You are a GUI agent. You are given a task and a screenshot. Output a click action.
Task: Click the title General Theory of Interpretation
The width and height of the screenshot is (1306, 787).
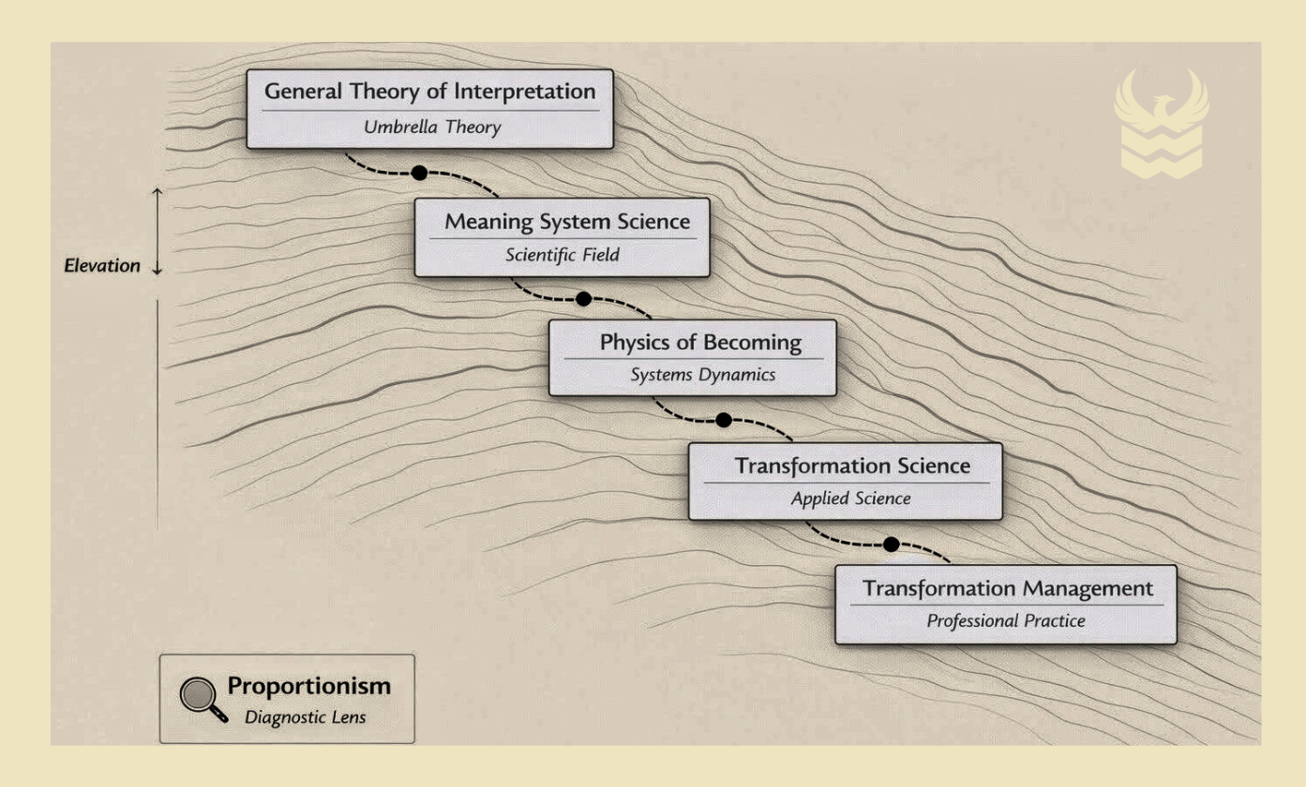[430, 92]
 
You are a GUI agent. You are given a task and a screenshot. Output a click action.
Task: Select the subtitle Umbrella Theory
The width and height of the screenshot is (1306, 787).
[430, 128]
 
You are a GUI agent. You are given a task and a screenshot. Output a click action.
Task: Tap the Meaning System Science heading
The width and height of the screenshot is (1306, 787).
[567, 222]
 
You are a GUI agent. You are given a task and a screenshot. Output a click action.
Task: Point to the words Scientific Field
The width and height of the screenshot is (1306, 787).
[563, 255]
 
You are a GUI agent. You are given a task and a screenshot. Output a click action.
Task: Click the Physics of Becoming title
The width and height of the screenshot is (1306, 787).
[700, 342]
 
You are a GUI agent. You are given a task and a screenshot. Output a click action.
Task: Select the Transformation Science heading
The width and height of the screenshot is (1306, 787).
[852, 466]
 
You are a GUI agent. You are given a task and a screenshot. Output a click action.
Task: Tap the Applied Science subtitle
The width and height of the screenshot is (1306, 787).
[850, 498]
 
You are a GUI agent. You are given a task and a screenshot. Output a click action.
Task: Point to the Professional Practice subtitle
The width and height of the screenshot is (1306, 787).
[1006, 620]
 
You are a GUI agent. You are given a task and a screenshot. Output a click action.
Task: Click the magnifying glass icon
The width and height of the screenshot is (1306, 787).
[201, 697]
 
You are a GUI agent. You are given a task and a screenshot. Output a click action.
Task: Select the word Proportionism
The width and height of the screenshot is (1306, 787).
[309, 686]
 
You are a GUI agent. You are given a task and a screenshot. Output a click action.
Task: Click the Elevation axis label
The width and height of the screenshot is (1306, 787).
[101, 266]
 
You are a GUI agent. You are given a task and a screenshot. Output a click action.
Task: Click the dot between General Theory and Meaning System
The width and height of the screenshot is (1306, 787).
[419, 172]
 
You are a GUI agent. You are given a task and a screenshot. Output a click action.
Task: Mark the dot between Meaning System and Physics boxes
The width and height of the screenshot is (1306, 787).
[583, 299]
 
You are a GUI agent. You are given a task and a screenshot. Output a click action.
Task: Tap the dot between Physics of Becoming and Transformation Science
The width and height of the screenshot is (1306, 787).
[723, 420]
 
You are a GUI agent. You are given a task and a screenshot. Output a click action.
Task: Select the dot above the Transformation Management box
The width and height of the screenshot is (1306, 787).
[891, 543]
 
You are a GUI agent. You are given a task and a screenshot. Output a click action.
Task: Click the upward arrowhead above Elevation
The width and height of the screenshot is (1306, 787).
[158, 190]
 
